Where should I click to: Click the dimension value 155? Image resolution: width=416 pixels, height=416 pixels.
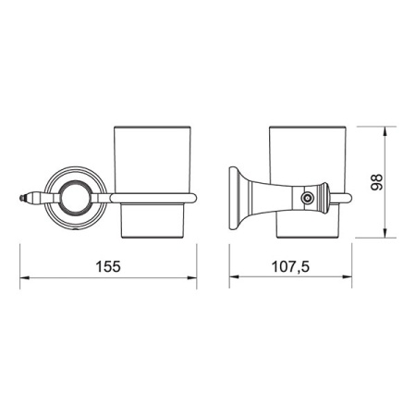(x=109, y=264)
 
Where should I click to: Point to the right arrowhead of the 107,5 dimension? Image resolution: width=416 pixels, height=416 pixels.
(x=352, y=276)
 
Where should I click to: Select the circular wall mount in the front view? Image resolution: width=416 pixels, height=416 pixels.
(x=73, y=195)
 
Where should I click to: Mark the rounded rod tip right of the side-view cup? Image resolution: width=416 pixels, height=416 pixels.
(x=351, y=196)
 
